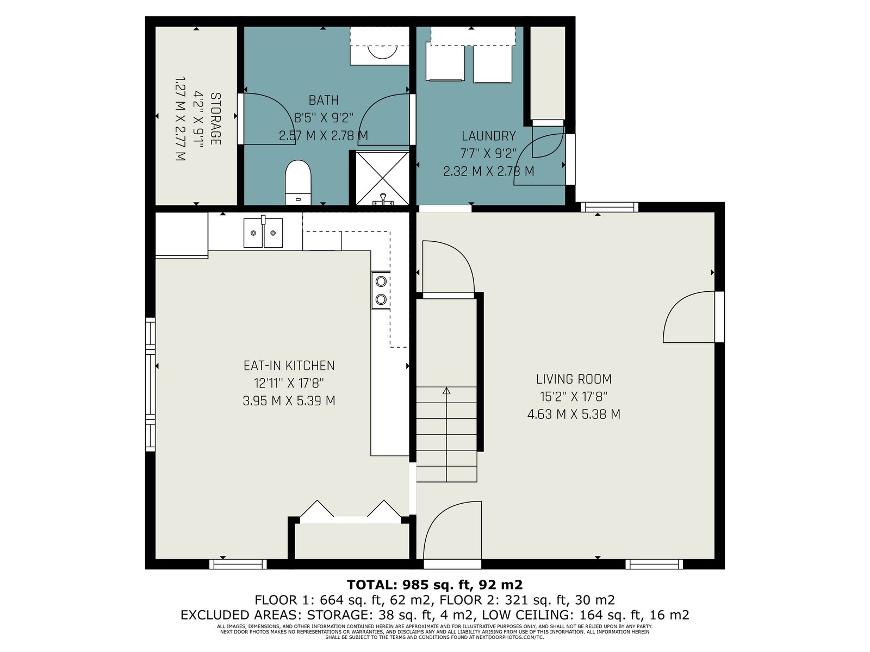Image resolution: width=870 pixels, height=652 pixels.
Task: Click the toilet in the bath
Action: click(298, 182)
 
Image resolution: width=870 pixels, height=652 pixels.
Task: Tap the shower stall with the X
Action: click(382, 179)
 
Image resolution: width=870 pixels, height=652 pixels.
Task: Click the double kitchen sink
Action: click(263, 233)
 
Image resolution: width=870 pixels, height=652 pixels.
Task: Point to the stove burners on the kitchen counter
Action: click(381, 290)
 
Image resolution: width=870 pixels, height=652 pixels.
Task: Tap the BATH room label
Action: click(324, 100)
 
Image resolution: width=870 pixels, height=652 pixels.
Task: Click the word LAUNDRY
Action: click(488, 136)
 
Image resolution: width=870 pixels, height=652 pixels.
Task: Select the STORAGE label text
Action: click(215, 119)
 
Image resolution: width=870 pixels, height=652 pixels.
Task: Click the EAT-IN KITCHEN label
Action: click(289, 365)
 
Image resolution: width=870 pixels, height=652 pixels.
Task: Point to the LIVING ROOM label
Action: click(574, 379)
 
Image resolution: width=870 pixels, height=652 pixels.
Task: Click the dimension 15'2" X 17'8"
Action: click(574, 396)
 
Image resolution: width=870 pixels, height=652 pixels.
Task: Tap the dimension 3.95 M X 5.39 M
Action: click(289, 401)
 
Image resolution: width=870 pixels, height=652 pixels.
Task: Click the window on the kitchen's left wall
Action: click(150, 384)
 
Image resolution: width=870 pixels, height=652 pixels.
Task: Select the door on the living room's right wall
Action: click(694, 317)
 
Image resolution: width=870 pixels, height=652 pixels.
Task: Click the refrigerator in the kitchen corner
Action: click(182, 235)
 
